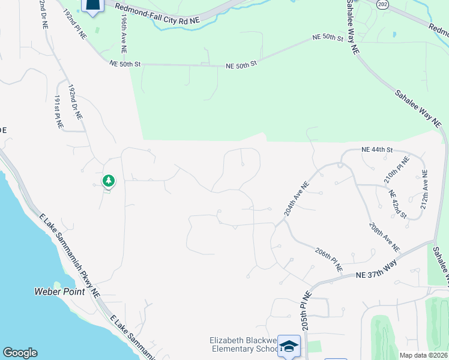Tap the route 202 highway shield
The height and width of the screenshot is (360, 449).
pos(382,4)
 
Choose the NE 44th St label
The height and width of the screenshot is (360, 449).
pos(377,149)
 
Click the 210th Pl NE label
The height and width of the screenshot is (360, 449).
pos(396,170)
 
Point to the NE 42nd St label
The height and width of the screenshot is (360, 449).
pos(397,205)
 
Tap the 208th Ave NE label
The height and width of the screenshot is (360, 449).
pos(384,236)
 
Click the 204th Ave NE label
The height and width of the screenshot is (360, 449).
pos(296,200)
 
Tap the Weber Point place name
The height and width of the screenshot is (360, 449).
pos(54,292)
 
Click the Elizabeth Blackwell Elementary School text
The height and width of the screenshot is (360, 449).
pos(244,344)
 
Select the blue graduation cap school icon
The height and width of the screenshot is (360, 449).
pos(289,346)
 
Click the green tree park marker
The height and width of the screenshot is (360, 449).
pos(108,181)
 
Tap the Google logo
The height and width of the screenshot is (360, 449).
pos(20,353)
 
